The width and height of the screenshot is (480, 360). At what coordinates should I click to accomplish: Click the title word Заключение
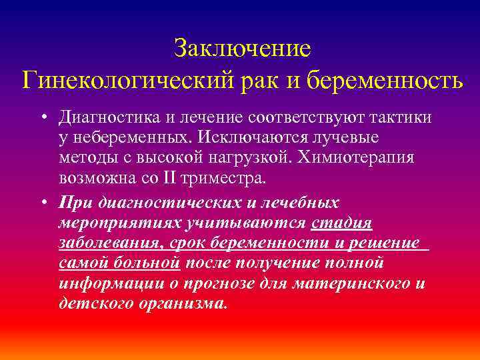tap(242, 48)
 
